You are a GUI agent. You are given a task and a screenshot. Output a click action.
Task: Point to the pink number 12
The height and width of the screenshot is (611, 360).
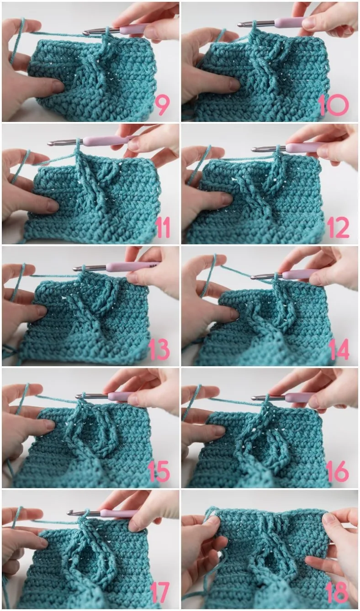coord(338,227)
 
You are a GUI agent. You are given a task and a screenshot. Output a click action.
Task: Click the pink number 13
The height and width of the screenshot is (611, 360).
coord(159,349)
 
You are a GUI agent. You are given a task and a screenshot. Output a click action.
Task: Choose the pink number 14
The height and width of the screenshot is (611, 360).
coord(339,349)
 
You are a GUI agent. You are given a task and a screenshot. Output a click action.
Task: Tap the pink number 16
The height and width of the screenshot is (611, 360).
coord(338,471)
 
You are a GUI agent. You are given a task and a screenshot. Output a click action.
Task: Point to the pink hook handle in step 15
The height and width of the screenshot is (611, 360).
coord(120,396)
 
